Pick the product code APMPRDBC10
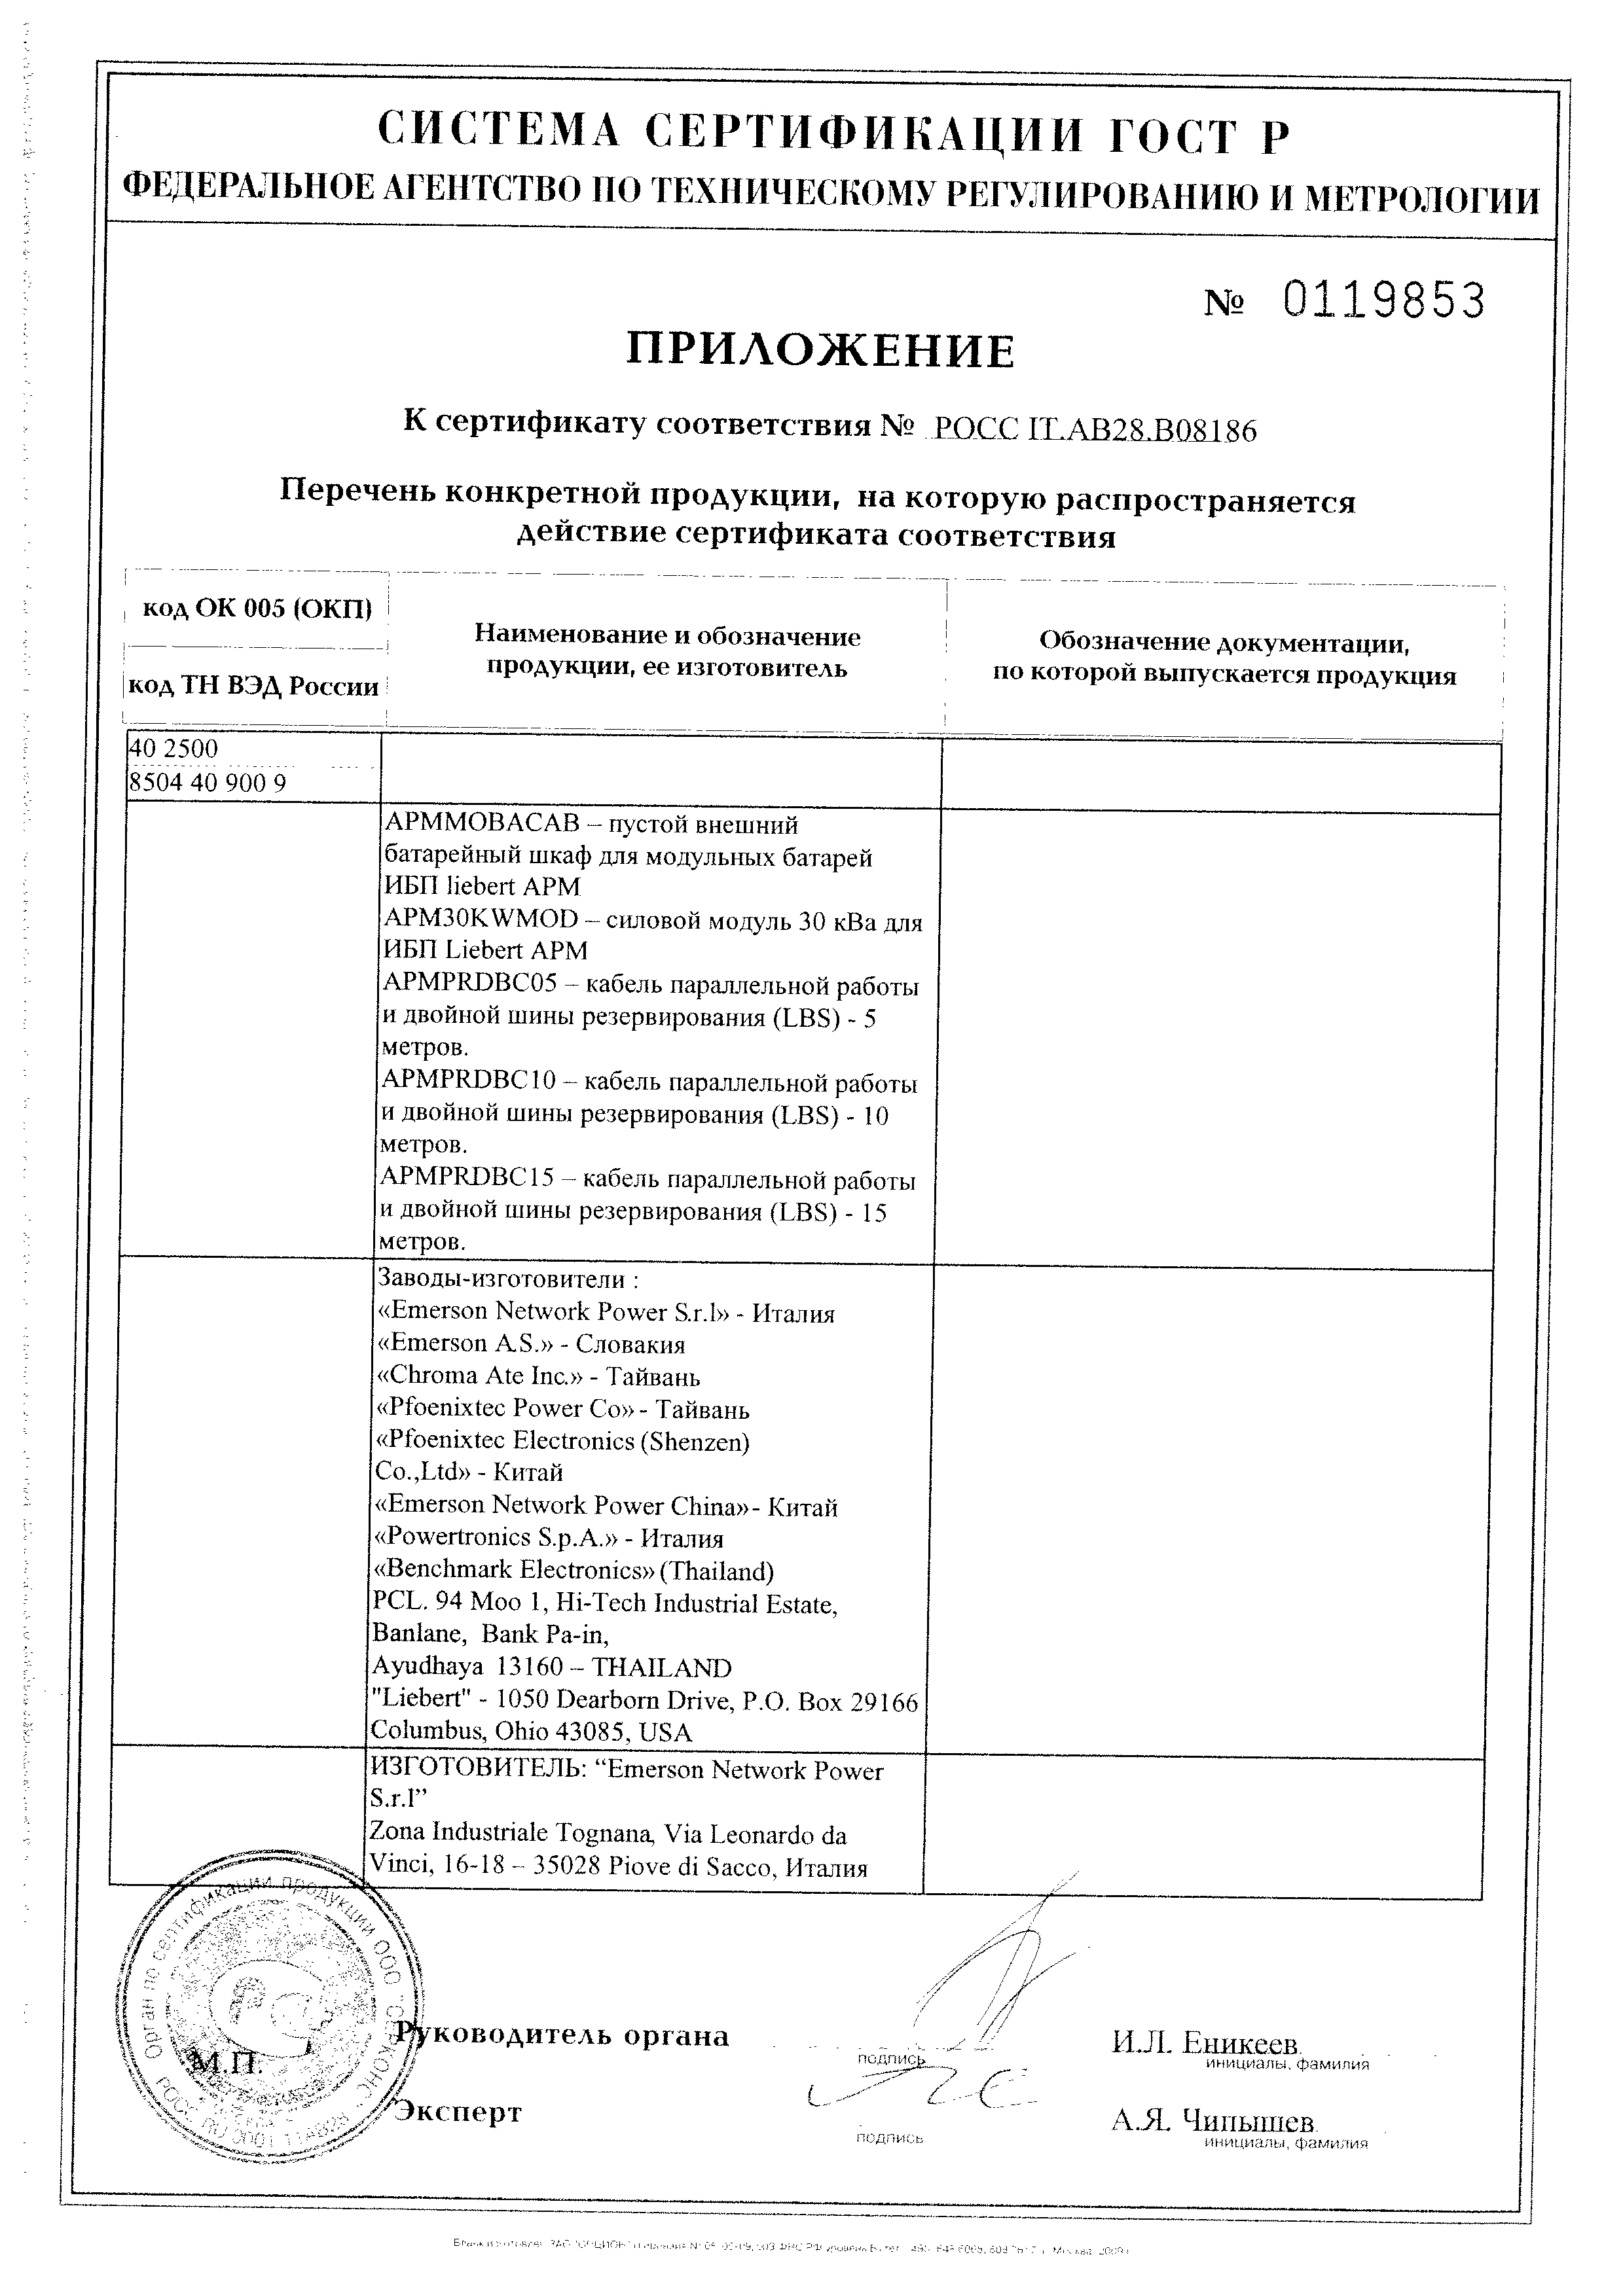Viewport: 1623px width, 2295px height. (468, 1082)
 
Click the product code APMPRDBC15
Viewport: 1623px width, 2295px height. (466, 1181)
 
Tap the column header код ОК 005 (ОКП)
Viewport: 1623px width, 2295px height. (257, 609)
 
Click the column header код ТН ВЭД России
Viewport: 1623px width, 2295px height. (255, 686)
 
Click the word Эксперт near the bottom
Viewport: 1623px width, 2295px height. (458, 2112)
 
